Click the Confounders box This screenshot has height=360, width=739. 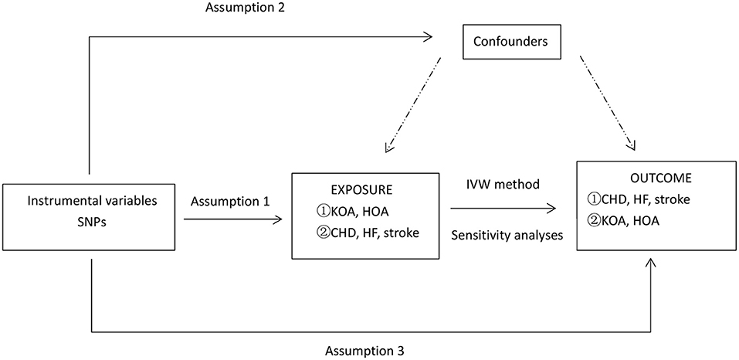tap(510, 42)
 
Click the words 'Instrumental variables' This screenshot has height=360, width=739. tap(92, 202)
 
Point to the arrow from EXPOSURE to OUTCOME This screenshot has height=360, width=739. tap(502, 209)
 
